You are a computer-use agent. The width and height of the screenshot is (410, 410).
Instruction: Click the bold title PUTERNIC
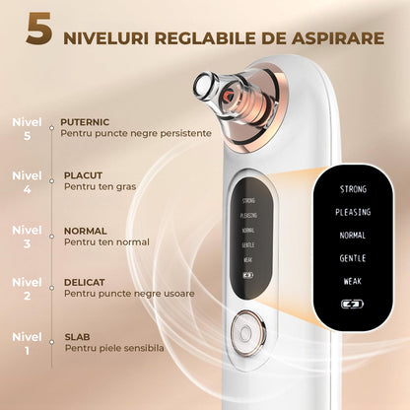coord(85,119)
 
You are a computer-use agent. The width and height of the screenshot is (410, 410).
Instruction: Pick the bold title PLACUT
coord(82,175)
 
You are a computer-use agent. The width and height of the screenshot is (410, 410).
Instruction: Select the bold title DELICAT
coord(84,281)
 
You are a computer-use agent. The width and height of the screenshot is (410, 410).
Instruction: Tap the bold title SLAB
coord(76,336)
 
